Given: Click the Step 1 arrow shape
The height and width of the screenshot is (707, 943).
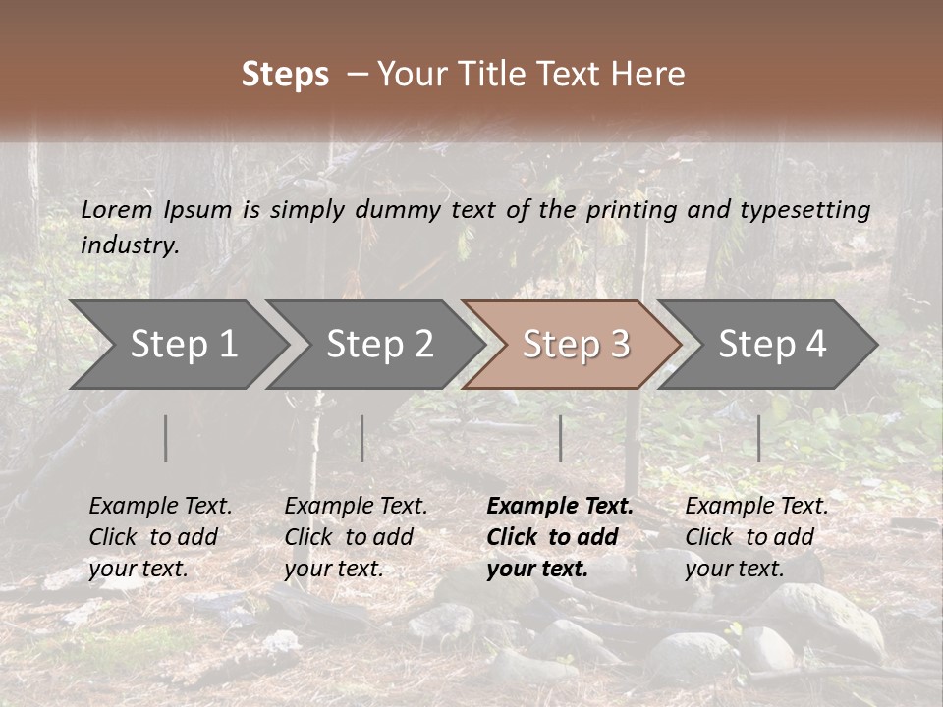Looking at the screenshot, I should pyautogui.click(x=177, y=345).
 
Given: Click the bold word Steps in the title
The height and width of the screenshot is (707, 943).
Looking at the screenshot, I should pyautogui.click(x=285, y=75).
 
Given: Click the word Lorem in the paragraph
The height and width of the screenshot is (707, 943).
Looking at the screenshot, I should pyautogui.click(x=116, y=209).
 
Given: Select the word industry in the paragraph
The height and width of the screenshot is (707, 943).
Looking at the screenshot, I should pyautogui.click(x=130, y=245).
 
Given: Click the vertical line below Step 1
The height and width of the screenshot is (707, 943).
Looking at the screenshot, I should pyautogui.click(x=165, y=438).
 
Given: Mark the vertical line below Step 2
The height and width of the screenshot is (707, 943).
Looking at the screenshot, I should pyautogui.click(x=361, y=438).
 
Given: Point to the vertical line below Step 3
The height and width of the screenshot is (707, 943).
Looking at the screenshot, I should pyautogui.click(x=560, y=438).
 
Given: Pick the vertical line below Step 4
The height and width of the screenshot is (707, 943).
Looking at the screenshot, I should pyautogui.click(x=758, y=438).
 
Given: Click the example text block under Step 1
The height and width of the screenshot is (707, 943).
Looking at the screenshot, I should pyautogui.click(x=159, y=537).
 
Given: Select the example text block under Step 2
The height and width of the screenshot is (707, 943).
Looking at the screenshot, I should pyautogui.click(x=355, y=537).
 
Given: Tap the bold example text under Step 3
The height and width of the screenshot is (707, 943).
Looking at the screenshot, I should pyautogui.click(x=559, y=537).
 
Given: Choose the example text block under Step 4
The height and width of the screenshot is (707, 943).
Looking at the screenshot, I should pyautogui.click(x=755, y=537).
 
